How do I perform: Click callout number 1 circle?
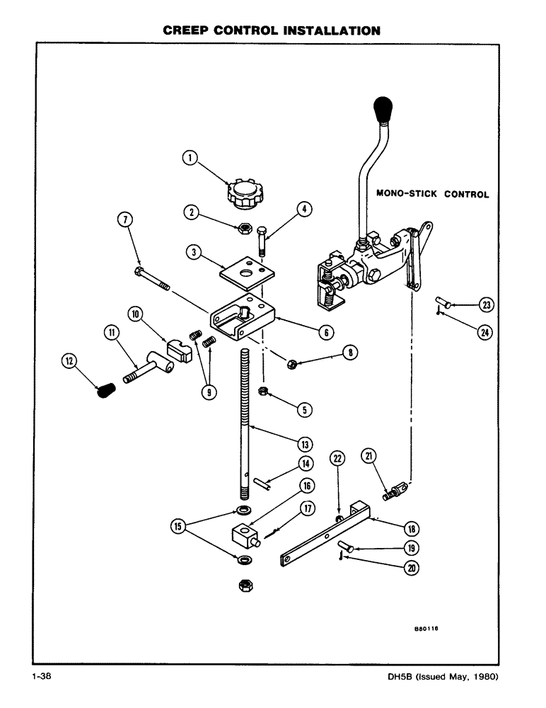(x=189, y=159)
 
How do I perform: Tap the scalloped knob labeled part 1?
(x=245, y=193)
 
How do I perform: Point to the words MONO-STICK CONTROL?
(x=432, y=193)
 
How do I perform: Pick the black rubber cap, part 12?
(x=105, y=389)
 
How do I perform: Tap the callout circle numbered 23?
(x=487, y=305)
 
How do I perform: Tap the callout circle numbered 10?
(x=136, y=313)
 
